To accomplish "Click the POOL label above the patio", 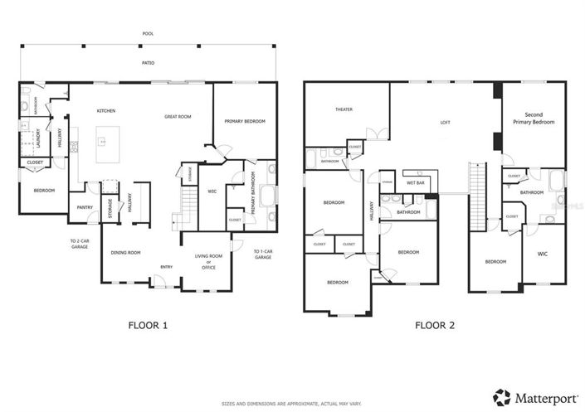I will (148, 34).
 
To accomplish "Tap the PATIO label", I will (148, 62).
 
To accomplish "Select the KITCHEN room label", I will (105, 110).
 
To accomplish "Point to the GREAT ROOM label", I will (178, 117).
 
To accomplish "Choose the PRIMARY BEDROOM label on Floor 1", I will (245, 122).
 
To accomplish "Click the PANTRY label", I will (85, 207).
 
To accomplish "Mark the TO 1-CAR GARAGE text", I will (263, 254).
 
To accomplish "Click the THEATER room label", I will (344, 109).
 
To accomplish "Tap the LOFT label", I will (445, 122).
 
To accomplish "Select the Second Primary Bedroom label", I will (539, 118).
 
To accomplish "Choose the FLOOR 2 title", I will (435, 326).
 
